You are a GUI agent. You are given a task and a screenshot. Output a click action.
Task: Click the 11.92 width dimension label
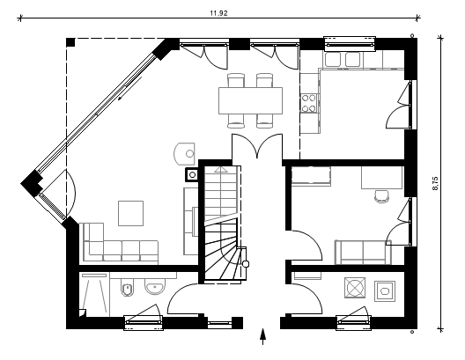tap(219, 13)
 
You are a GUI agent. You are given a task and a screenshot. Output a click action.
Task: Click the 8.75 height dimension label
tap(435, 183)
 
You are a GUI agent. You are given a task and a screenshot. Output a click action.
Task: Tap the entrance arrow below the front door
tap(262, 336)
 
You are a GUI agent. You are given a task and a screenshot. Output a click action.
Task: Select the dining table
tap(251, 100)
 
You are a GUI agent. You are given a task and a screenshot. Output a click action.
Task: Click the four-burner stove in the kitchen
tap(308, 103)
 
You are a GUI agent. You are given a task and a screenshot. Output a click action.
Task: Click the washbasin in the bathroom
tap(155, 286)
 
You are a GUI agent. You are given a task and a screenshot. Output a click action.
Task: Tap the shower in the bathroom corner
tap(94, 295)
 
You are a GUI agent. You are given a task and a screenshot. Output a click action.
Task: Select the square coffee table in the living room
tap(130, 213)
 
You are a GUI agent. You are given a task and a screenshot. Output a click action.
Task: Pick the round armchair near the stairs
tap(184, 153)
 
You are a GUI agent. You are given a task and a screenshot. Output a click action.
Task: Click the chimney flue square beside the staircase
tap(192, 175)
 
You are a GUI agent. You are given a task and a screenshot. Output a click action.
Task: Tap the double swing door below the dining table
tap(257, 146)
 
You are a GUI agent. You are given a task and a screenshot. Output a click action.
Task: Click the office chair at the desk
tap(381, 196)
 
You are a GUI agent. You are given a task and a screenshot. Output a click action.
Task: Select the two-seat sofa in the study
tap(363, 252)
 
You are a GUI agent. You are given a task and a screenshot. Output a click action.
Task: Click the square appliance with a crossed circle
tap(355, 288)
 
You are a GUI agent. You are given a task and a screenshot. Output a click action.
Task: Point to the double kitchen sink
tap(343, 60)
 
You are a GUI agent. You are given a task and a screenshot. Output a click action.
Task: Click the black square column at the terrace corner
tap(70, 42)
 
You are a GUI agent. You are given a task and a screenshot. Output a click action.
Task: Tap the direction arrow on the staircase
tap(220, 170)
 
